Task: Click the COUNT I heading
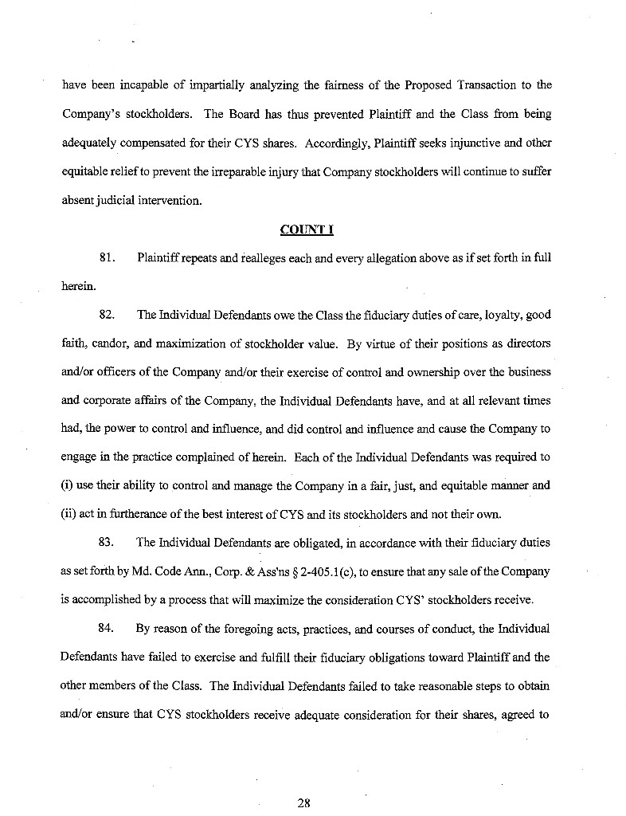tap(307, 230)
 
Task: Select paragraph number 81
tap(108, 258)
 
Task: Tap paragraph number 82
tap(108, 314)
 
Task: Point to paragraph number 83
tap(108, 543)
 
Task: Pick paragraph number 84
tap(108, 628)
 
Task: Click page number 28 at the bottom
tap(303, 802)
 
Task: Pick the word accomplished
tap(115, 600)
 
